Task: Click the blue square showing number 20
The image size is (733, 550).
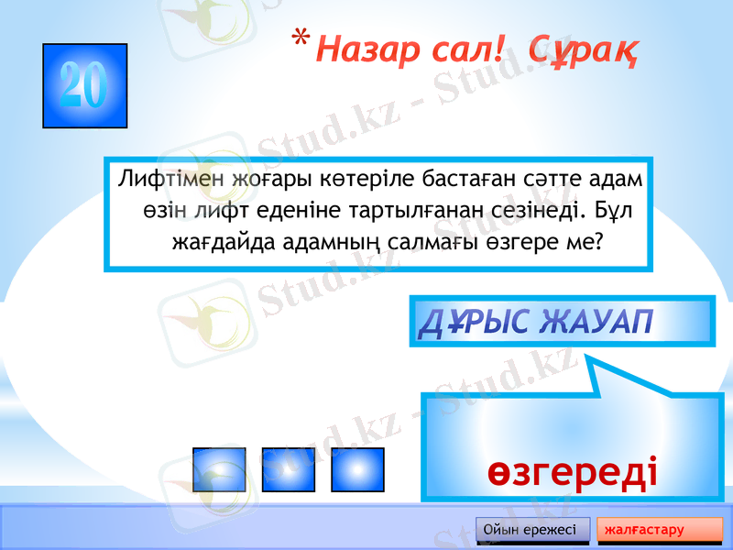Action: pyautogui.click(x=84, y=85)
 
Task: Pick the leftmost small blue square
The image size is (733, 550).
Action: pyautogui.click(x=219, y=469)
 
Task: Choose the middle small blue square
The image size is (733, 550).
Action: pyautogui.click(x=288, y=469)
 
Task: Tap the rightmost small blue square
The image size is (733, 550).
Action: pyautogui.click(x=356, y=469)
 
